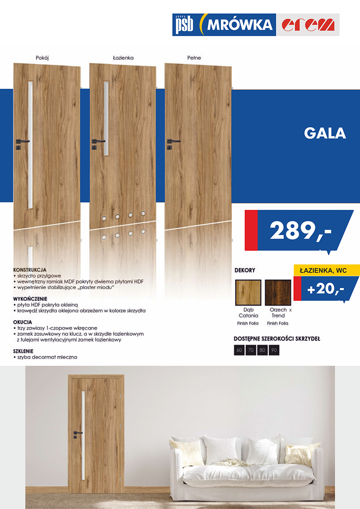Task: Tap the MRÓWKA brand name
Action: coord(239,25)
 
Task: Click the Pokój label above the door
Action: coord(42,57)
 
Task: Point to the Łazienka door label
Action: coord(123,57)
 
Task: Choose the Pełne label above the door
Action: coord(194,57)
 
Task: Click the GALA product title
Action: coord(325,133)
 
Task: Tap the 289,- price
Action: coord(300,231)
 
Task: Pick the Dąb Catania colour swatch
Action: coord(248,293)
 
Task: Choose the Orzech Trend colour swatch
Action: coord(278,293)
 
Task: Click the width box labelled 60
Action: coord(239,350)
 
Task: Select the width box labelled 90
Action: coord(274,350)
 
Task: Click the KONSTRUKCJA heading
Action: coord(30,270)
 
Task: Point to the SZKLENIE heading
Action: coord(24,351)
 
